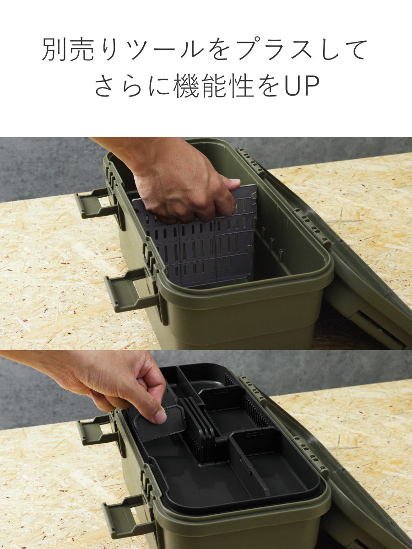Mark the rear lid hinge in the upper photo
click(x=251, y=162)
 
